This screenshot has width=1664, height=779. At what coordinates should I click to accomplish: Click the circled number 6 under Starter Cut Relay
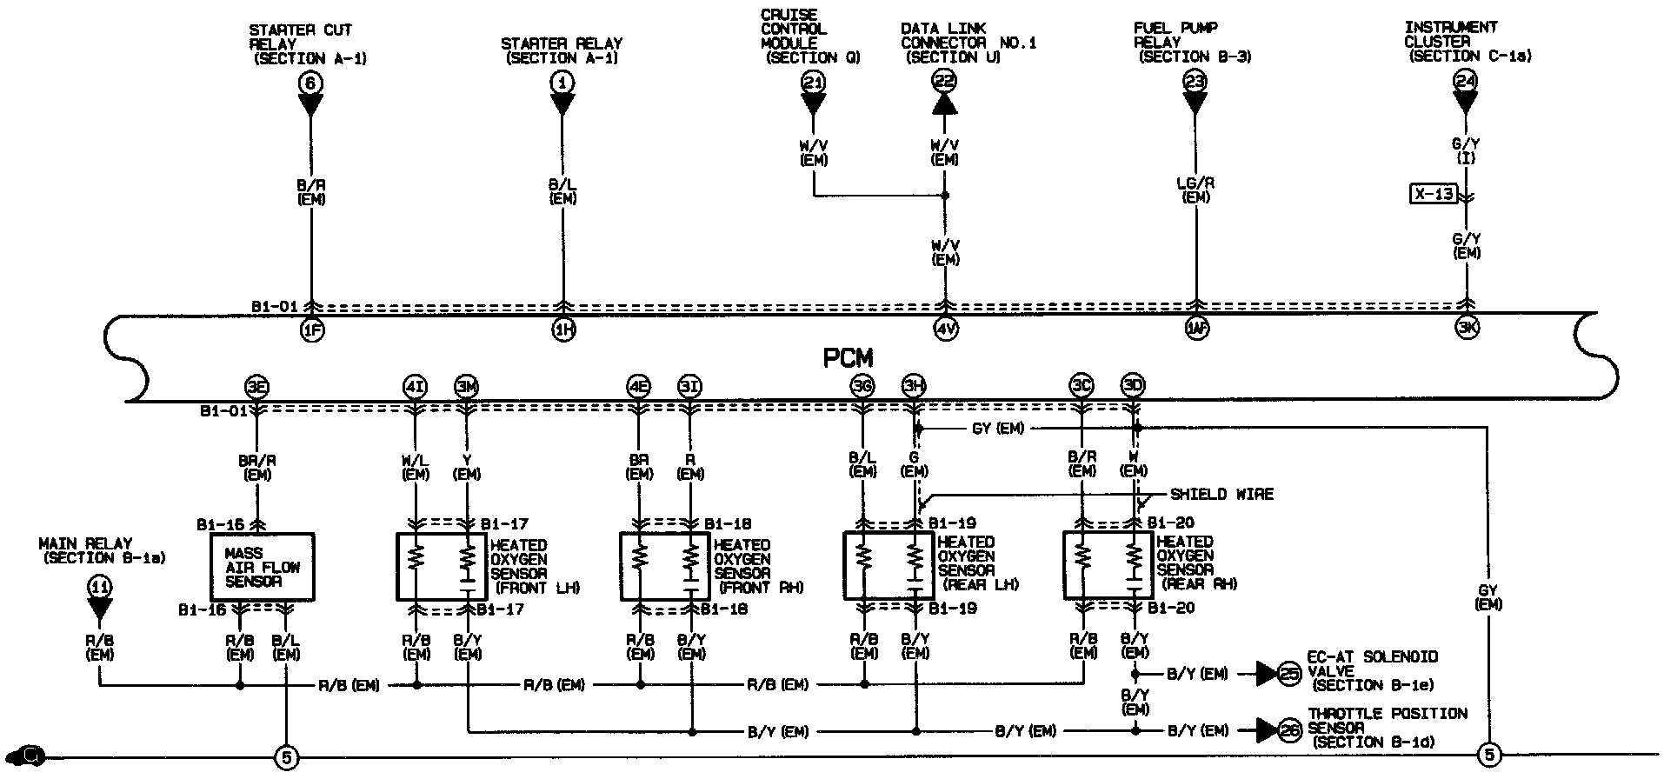(310, 83)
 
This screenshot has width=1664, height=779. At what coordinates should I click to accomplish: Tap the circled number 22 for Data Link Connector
(944, 82)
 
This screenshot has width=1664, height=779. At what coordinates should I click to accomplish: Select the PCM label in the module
(848, 357)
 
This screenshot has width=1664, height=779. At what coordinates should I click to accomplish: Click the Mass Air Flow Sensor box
(263, 567)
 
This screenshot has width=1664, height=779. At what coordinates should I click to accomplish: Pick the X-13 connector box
(1433, 193)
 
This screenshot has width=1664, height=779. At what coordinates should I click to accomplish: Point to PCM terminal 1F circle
(311, 330)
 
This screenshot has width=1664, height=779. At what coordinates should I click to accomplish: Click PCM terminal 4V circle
(946, 330)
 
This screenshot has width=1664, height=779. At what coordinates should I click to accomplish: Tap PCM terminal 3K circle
(1467, 329)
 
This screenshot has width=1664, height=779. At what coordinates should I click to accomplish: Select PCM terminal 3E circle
(256, 386)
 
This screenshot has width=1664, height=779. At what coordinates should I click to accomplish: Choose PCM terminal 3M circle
(467, 386)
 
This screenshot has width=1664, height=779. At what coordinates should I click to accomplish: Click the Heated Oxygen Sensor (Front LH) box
(442, 566)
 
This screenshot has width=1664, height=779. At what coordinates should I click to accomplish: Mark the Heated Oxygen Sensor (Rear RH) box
(1108, 566)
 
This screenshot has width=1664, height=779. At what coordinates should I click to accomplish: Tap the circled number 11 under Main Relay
(100, 587)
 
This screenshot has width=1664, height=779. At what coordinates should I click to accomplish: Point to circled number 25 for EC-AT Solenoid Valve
(1291, 673)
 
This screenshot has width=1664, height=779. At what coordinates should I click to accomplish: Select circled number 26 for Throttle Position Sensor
(1291, 731)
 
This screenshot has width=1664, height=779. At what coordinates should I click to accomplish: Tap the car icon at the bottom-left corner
(30, 754)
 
